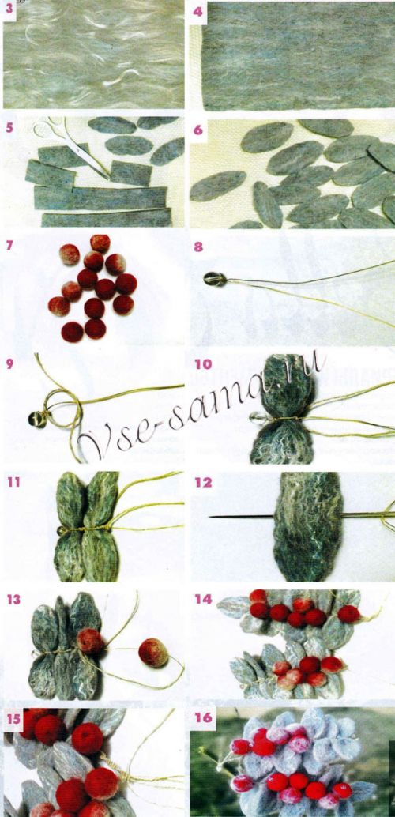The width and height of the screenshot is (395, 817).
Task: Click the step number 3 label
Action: click(9, 12)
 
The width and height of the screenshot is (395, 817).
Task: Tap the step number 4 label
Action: click(197, 12)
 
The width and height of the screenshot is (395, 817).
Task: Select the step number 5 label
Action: click(9, 127)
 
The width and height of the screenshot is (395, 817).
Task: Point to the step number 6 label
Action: click(197, 130)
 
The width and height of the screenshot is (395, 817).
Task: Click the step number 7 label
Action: click(9, 245)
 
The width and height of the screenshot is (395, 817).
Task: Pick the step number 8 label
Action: click(198, 246)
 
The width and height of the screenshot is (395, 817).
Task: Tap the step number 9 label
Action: click(9, 363)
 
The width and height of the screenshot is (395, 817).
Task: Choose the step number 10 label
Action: click(203, 364)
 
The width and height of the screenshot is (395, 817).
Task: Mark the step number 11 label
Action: click(13, 482)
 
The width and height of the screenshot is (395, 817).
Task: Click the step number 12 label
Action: click(203, 483)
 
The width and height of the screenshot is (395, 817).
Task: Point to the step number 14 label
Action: click(204, 599)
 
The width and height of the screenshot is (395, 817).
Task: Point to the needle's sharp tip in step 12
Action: click(209, 517)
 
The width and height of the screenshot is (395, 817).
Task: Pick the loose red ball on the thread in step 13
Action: click(153, 653)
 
